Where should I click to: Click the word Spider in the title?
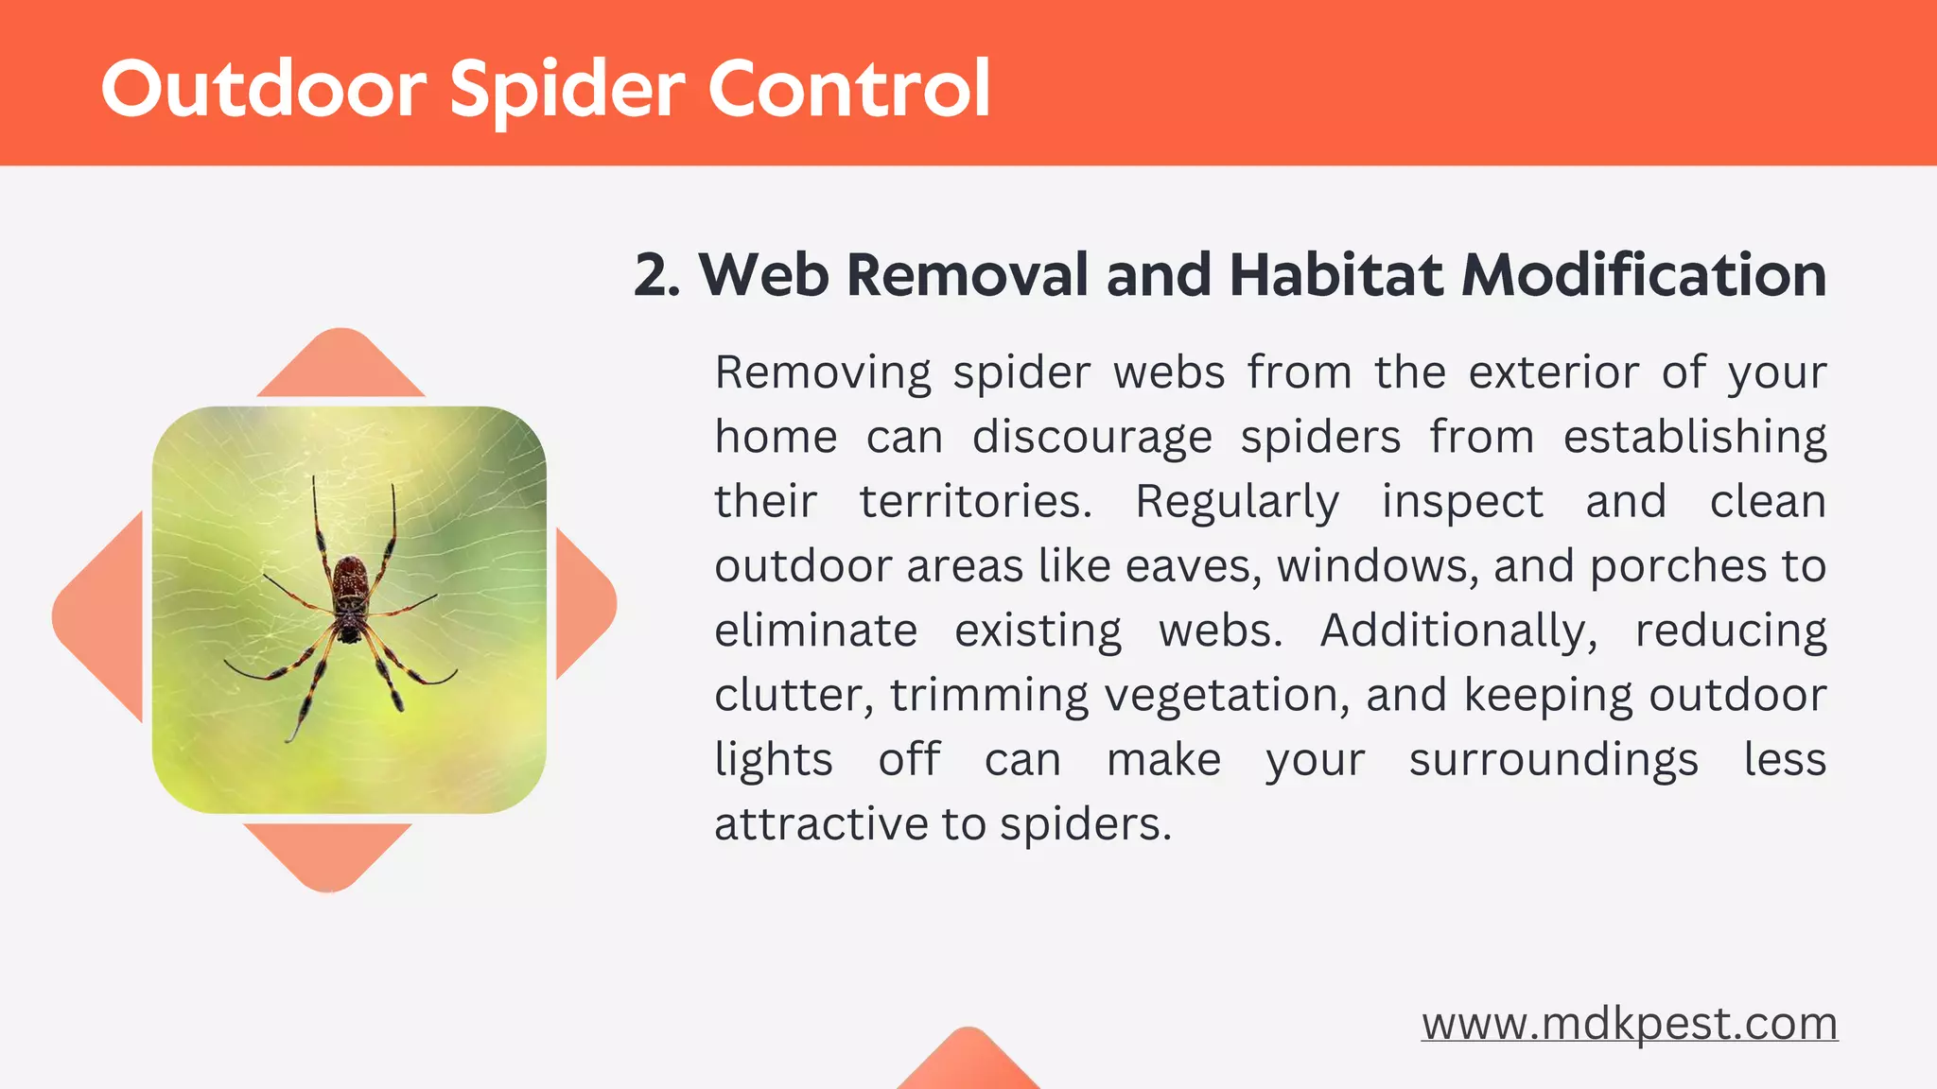click(567, 90)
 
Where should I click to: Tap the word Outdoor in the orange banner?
click(264, 90)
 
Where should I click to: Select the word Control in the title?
click(848, 90)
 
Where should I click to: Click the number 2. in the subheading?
click(657, 275)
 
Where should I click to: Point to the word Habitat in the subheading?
click(1336, 275)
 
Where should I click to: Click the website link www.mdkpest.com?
click(1629, 1024)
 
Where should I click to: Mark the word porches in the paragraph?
click(1678, 566)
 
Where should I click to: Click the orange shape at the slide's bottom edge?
click(968, 1063)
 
